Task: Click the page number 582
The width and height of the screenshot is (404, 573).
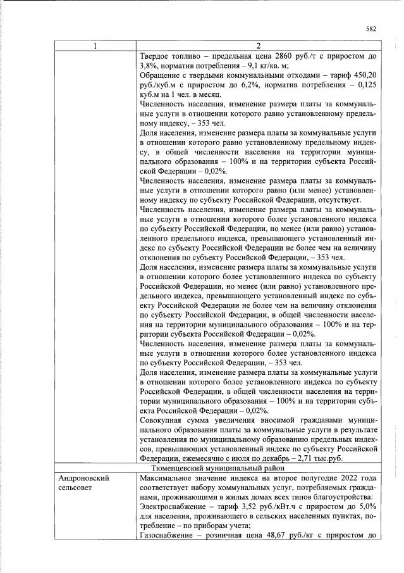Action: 371,28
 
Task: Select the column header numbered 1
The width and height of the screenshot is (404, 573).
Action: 95,46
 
